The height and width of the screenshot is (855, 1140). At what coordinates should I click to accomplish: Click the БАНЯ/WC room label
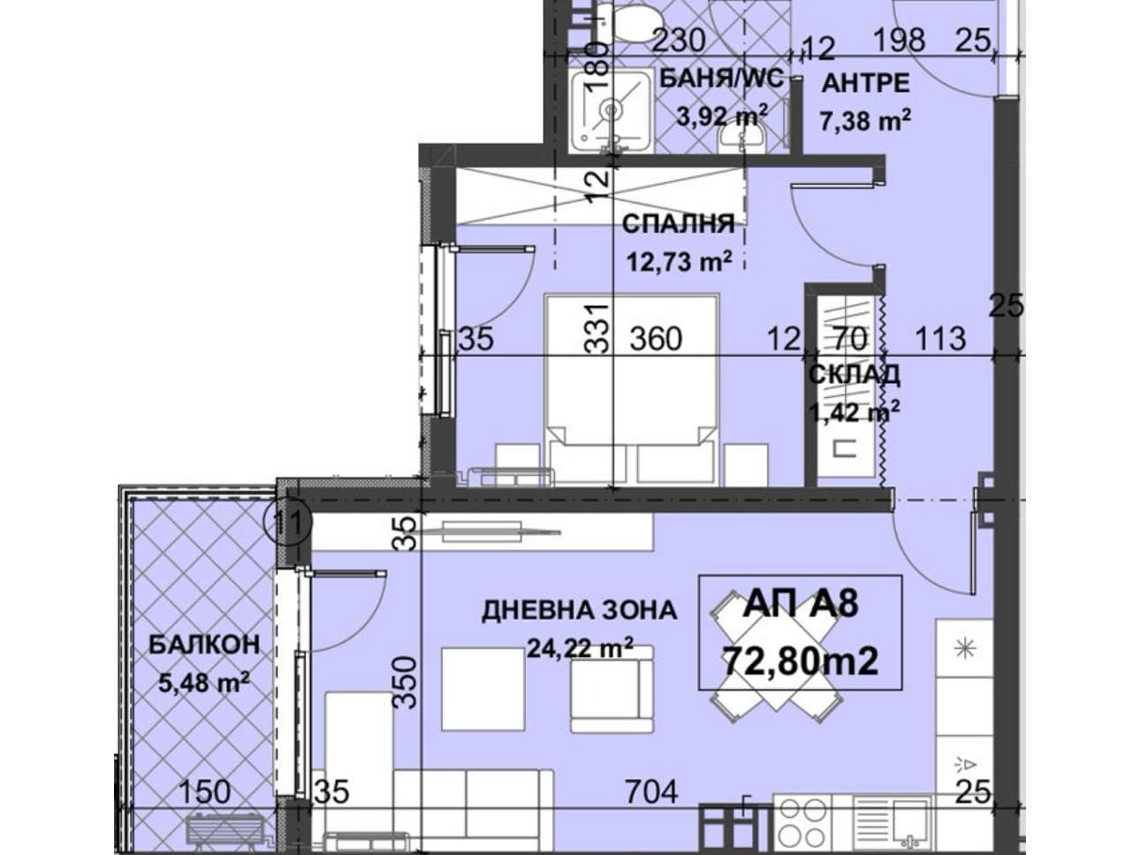[722, 80]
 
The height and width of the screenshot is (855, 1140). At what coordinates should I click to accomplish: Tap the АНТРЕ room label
[865, 84]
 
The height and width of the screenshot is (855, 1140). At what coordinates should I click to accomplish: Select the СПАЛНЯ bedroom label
[679, 224]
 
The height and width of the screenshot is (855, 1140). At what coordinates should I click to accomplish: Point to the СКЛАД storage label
[855, 375]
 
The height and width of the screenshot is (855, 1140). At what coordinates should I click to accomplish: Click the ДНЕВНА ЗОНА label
[580, 610]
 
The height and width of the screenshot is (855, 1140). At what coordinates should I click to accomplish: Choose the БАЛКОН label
[204, 645]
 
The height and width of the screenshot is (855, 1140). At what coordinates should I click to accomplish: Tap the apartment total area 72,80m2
[801, 661]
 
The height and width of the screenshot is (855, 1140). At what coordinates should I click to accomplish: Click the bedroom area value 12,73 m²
[680, 262]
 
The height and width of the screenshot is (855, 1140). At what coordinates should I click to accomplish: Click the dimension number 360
[656, 339]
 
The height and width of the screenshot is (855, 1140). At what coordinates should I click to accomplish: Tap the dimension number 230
[678, 40]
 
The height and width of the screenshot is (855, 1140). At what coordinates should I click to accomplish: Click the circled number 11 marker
[288, 523]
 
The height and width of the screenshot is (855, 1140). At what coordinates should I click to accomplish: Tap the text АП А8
[801, 605]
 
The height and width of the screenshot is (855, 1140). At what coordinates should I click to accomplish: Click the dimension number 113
[940, 339]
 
